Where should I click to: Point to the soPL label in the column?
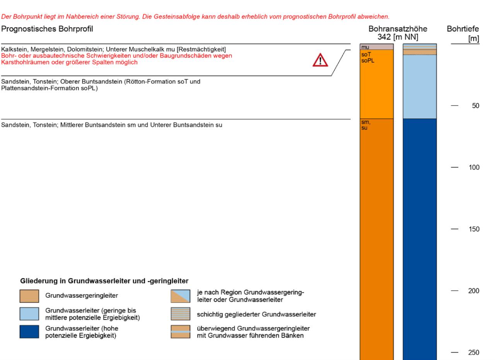tap(366, 60)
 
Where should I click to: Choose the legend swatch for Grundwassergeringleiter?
tap(29, 296)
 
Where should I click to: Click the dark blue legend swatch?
tap(29, 331)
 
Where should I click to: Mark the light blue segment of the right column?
tap(420, 87)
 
